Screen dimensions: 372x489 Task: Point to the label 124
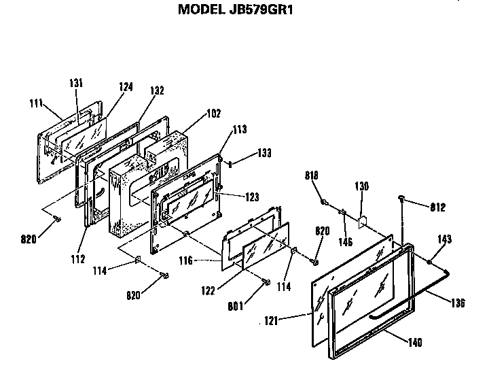click(126, 87)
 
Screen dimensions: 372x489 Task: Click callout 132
click(157, 90)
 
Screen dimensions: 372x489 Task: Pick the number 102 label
click(213, 114)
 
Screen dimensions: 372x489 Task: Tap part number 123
click(252, 197)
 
